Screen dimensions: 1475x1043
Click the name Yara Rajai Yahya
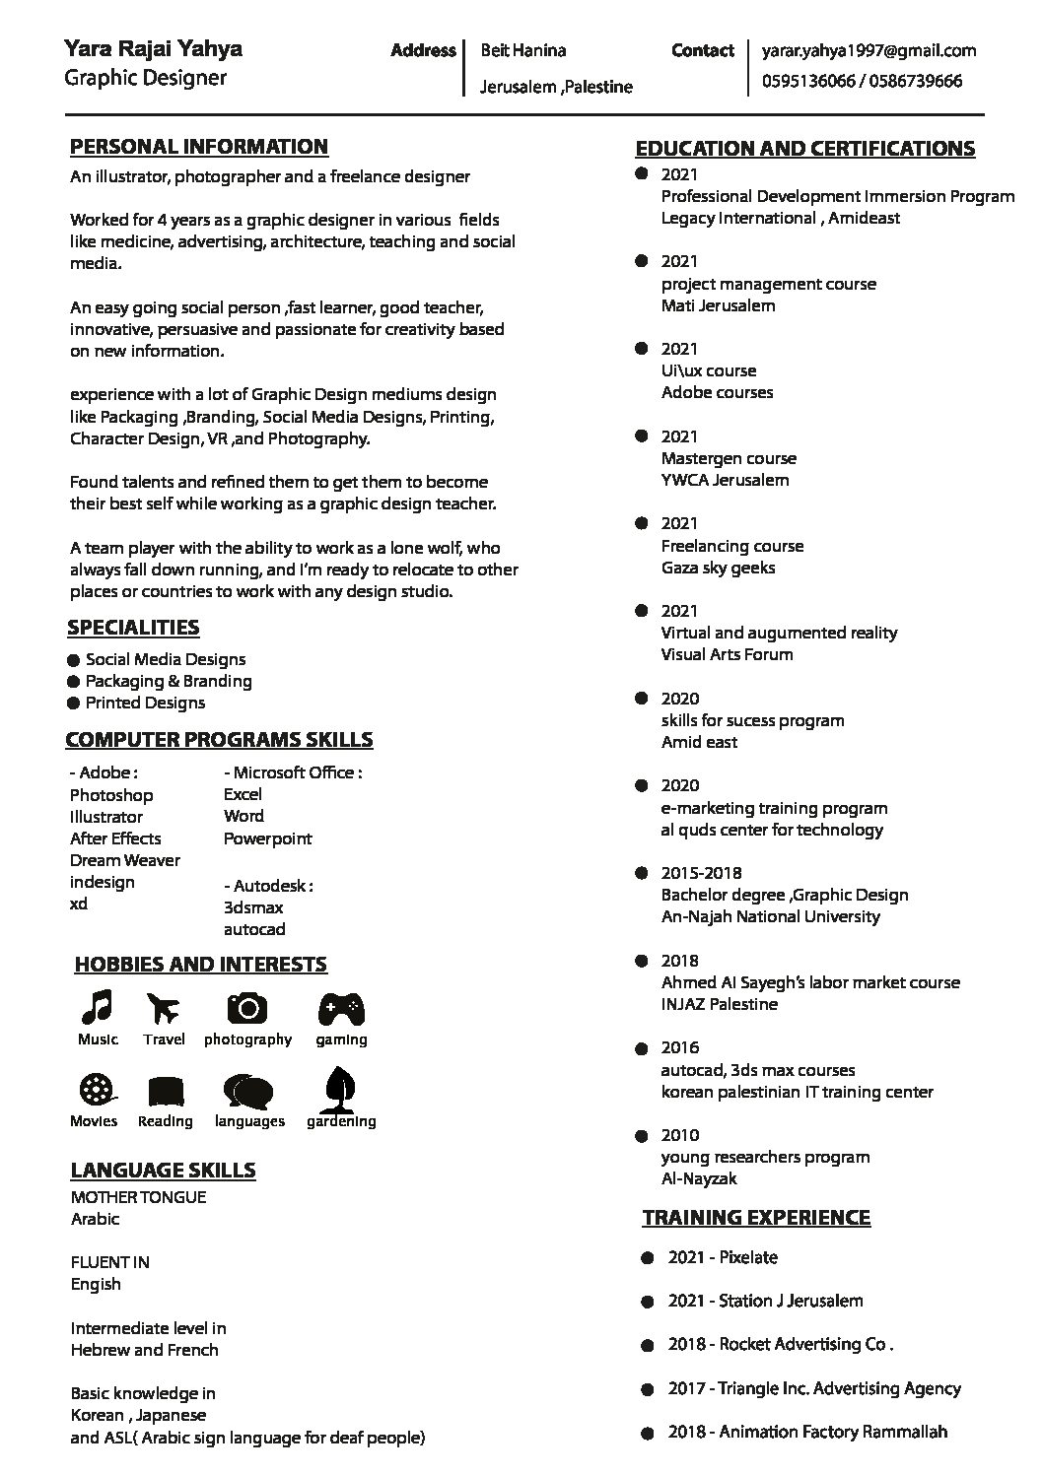(x=153, y=48)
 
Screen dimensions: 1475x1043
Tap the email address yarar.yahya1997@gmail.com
(x=869, y=50)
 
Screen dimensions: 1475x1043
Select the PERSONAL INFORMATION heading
(x=199, y=147)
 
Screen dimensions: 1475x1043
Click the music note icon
(x=97, y=1007)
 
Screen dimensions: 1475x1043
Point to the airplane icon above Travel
(x=164, y=1008)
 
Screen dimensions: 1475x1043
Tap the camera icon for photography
(x=247, y=1008)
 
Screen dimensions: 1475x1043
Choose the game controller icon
(x=341, y=1008)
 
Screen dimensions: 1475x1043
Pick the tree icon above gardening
(x=340, y=1087)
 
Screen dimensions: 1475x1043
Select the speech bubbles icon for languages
(x=248, y=1091)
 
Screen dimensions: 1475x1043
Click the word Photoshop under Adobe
(x=111, y=795)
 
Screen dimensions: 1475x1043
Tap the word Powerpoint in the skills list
(x=267, y=838)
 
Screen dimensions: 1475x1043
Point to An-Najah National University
(x=770, y=916)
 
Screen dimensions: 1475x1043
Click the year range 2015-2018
(x=701, y=873)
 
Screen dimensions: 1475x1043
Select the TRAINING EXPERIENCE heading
(x=756, y=1218)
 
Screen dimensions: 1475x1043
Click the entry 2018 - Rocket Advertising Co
(x=780, y=1344)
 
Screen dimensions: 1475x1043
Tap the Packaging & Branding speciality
(x=169, y=681)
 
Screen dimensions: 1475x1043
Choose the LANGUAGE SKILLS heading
(x=163, y=1171)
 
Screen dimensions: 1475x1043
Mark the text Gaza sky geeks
(x=718, y=568)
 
